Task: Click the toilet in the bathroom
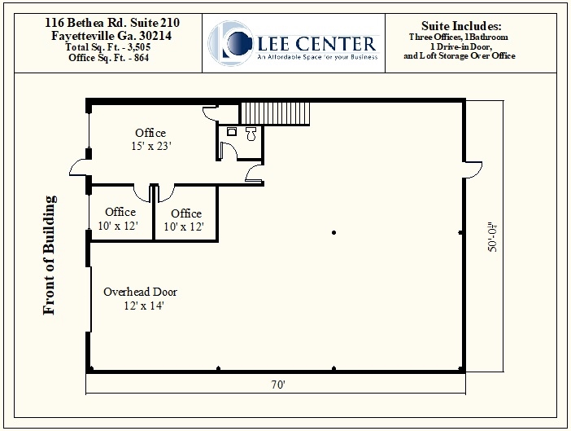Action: tap(251, 134)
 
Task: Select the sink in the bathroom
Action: tap(232, 131)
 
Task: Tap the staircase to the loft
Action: tap(275, 113)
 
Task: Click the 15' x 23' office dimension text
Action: tap(151, 146)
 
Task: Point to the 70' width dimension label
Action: tap(278, 385)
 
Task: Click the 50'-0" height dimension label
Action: tap(492, 237)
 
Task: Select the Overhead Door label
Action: tap(140, 292)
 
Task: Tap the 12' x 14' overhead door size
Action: tap(144, 306)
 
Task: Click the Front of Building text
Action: tap(50, 255)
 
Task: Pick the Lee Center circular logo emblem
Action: tap(231, 43)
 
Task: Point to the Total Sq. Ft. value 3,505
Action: tap(139, 47)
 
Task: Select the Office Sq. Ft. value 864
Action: tap(142, 58)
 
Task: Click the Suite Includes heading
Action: tap(461, 26)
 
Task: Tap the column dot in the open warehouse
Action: tap(334, 232)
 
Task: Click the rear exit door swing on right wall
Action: tap(473, 170)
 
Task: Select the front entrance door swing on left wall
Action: tap(78, 171)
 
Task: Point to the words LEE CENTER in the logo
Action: tap(316, 44)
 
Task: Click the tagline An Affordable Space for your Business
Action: tap(317, 57)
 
